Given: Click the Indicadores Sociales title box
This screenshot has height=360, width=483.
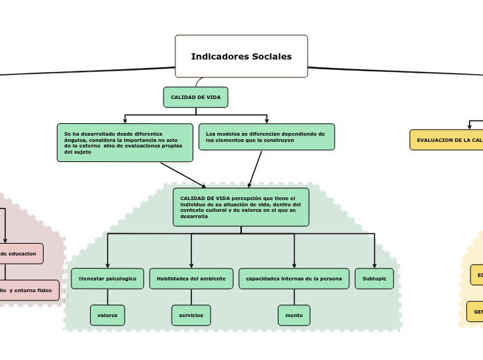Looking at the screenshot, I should pyautogui.click(x=241, y=56).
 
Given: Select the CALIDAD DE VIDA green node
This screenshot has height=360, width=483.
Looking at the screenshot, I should pyautogui.click(x=195, y=97).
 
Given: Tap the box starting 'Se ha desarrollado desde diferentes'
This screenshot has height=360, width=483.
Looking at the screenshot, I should pyautogui.click(x=125, y=142).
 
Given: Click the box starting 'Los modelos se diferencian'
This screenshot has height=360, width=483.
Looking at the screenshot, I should pyautogui.click(x=266, y=136).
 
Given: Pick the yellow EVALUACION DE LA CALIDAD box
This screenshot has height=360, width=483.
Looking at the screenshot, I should pyautogui.click(x=447, y=140).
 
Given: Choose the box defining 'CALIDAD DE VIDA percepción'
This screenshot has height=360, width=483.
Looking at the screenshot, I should pyautogui.click(x=240, y=207).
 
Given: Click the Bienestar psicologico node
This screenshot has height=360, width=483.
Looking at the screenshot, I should pyautogui.click(x=107, y=278).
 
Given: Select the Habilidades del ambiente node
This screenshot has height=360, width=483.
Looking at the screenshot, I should pyautogui.click(x=191, y=278).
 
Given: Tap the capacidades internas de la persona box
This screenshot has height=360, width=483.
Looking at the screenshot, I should pyautogui.click(x=294, y=278).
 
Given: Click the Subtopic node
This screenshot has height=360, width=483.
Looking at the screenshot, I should pyautogui.click(x=374, y=278).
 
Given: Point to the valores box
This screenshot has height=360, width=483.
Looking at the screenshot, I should pyautogui.click(x=107, y=315).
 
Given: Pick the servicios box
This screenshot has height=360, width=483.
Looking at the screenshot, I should pyautogui.click(x=191, y=315).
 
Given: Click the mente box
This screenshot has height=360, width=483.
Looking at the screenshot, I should pyautogui.click(x=294, y=315).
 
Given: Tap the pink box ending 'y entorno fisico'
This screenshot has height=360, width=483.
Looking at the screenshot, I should pyautogui.click(x=28, y=290).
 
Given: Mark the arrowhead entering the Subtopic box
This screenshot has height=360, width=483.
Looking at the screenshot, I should pyautogui.click(x=374, y=265).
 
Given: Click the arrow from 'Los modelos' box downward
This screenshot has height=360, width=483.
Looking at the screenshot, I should pyautogui.click(x=255, y=168).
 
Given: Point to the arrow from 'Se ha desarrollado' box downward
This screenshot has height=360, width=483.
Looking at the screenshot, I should pyautogui.click(x=183, y=174).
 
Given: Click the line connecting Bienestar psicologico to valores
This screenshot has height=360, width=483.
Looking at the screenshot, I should pyautogui.click(x=107, y=297).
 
